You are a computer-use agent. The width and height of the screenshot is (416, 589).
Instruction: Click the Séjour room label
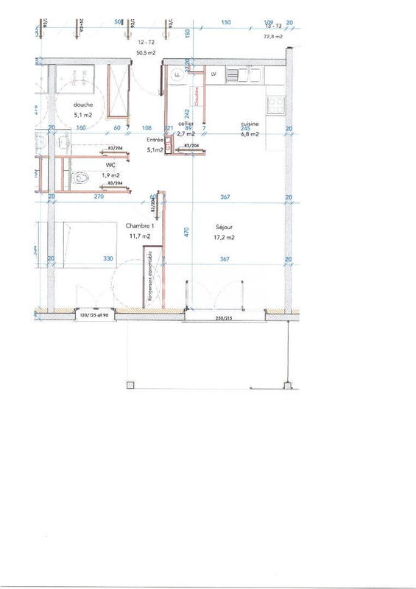226,227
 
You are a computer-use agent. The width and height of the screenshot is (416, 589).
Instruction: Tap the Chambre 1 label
140,225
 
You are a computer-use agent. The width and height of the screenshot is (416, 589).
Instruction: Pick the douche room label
82,105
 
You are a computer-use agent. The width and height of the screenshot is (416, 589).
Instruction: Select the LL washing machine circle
177,74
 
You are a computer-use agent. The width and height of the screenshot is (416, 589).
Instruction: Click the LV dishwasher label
214,74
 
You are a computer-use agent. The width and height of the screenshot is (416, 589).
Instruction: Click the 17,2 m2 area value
225,237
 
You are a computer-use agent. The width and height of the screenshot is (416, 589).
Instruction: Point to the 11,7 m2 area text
140,236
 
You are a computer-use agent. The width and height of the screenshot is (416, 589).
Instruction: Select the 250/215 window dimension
224,320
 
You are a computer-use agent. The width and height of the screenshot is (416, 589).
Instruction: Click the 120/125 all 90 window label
94,315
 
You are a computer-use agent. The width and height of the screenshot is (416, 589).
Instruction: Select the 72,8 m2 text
274,35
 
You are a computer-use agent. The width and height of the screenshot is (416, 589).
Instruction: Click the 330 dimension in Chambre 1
107,258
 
